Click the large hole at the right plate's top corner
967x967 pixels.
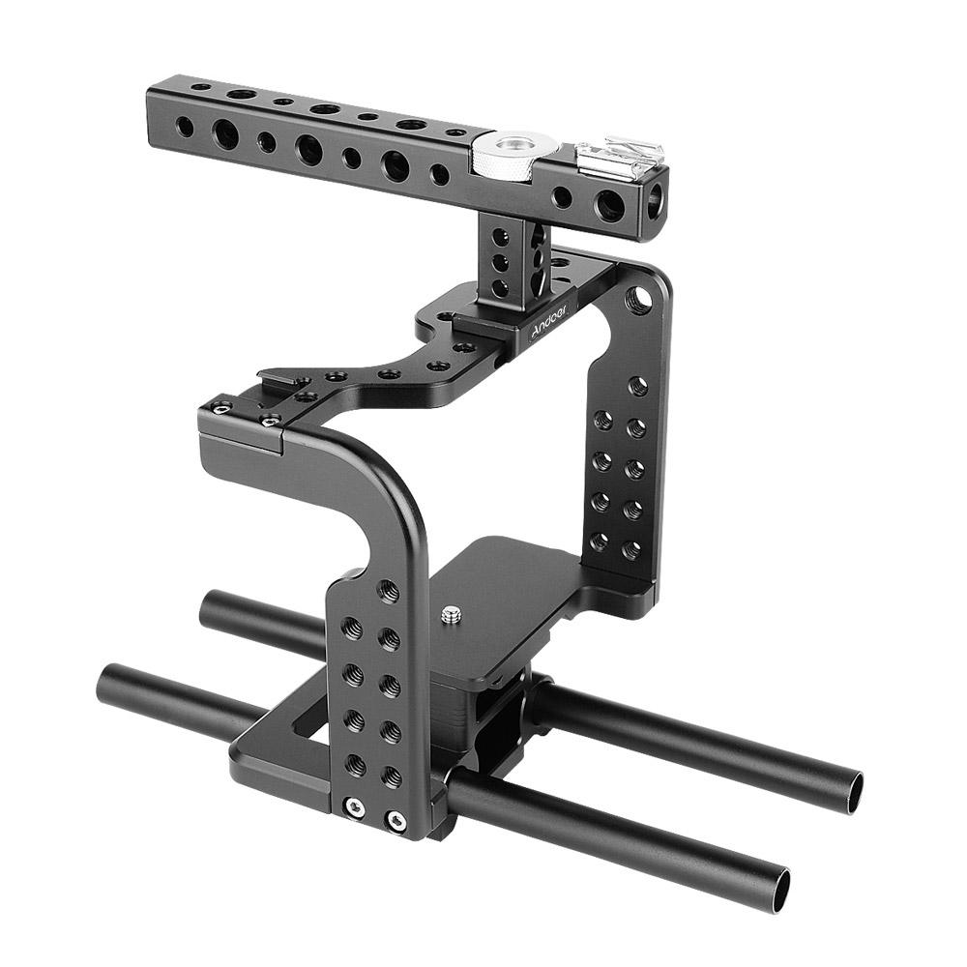click(x=636, y=298)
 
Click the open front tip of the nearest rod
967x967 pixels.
click(x=774, y=889)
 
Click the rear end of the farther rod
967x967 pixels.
click(x=208, y=611)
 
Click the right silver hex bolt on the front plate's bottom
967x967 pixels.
click(x=394, y=820)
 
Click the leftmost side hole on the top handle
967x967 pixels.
click(x=181, y=125)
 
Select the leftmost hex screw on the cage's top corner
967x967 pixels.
click(x=221, y=410)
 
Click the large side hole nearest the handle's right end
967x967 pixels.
click(x=606, y=205)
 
